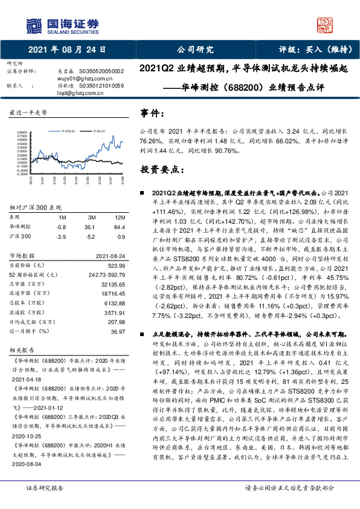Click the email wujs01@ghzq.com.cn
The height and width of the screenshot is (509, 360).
coord(82,78)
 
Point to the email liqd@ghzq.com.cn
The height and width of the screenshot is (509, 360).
coord(78,94)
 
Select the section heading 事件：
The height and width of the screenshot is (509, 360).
coord(152,113)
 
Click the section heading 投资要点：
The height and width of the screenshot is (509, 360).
coord(160,170)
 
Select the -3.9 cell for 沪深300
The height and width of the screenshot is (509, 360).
coord(60,237)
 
